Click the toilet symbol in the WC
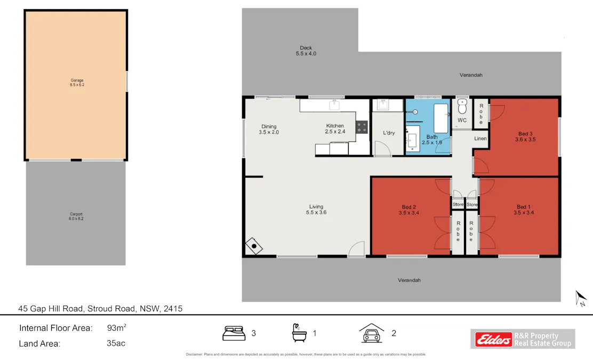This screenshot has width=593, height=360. [462, 107]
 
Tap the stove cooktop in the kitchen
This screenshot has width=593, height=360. [362, 127]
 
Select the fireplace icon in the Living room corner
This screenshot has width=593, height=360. [254, 246]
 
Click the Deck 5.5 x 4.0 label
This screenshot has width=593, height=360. [306, 51]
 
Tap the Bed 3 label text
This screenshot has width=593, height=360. [525, 137]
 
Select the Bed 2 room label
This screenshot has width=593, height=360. [408, 210]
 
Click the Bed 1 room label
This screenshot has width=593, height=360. [523, 210]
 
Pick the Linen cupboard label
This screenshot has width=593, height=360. [480, 139]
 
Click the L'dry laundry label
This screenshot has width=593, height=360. [389, 133]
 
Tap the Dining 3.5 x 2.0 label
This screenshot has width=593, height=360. [269, 129]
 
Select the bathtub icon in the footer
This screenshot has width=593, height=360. [299, 333]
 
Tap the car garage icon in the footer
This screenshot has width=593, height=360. [372, 333]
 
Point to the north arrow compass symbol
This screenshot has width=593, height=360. [581, 298]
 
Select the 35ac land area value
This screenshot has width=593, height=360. [116, 343]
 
